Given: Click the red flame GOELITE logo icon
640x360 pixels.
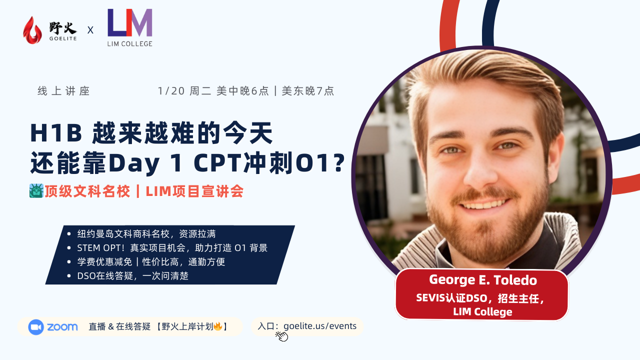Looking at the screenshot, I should [32, 30].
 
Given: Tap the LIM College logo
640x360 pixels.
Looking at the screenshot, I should [130, 28].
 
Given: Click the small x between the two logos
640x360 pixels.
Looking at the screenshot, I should [90, 30].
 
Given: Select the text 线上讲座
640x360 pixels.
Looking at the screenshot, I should [63, 91].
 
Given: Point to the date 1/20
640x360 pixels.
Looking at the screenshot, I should [171, 91].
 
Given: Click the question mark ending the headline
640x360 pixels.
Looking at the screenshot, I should [338, 163].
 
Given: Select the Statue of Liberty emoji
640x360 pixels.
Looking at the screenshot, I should [36, 190].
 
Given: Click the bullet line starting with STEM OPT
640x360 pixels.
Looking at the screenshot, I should [172, 248].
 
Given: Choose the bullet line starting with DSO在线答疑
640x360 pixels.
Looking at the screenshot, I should [132, 276].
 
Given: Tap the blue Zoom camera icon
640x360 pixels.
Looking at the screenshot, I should [36, 327].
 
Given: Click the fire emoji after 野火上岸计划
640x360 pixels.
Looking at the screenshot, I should [218, 326].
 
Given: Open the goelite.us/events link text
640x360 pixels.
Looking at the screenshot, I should [320, 326].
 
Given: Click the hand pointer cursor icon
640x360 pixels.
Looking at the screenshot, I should [282, 336].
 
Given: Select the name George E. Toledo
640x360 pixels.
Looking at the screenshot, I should [482, 280].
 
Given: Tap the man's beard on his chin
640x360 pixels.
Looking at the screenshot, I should [487, 225].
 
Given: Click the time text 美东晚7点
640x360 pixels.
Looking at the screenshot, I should [308, 91].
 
